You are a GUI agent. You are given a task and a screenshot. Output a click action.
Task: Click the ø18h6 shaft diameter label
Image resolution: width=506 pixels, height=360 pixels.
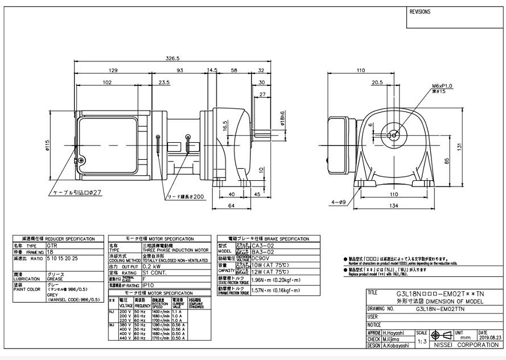[x=283, y=118]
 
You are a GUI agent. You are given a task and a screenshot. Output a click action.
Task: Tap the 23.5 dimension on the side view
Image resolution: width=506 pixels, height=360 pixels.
[x=149, y=82]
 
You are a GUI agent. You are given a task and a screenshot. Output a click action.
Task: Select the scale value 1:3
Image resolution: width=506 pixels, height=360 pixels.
[x=422, y=342]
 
